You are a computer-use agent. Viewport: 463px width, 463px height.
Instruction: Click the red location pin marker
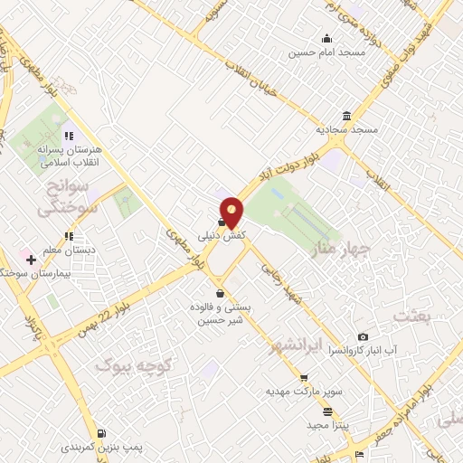231,212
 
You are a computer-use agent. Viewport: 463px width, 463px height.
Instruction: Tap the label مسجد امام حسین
313,52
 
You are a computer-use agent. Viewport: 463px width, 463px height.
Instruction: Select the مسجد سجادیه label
345,128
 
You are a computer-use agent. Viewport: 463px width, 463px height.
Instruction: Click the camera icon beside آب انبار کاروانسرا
364,336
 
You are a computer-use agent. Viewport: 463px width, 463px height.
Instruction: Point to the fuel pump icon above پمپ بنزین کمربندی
101,433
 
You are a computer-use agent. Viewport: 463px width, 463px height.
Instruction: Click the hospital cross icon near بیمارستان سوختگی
33,259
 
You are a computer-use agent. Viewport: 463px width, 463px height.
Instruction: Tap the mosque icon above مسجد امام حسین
326,38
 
